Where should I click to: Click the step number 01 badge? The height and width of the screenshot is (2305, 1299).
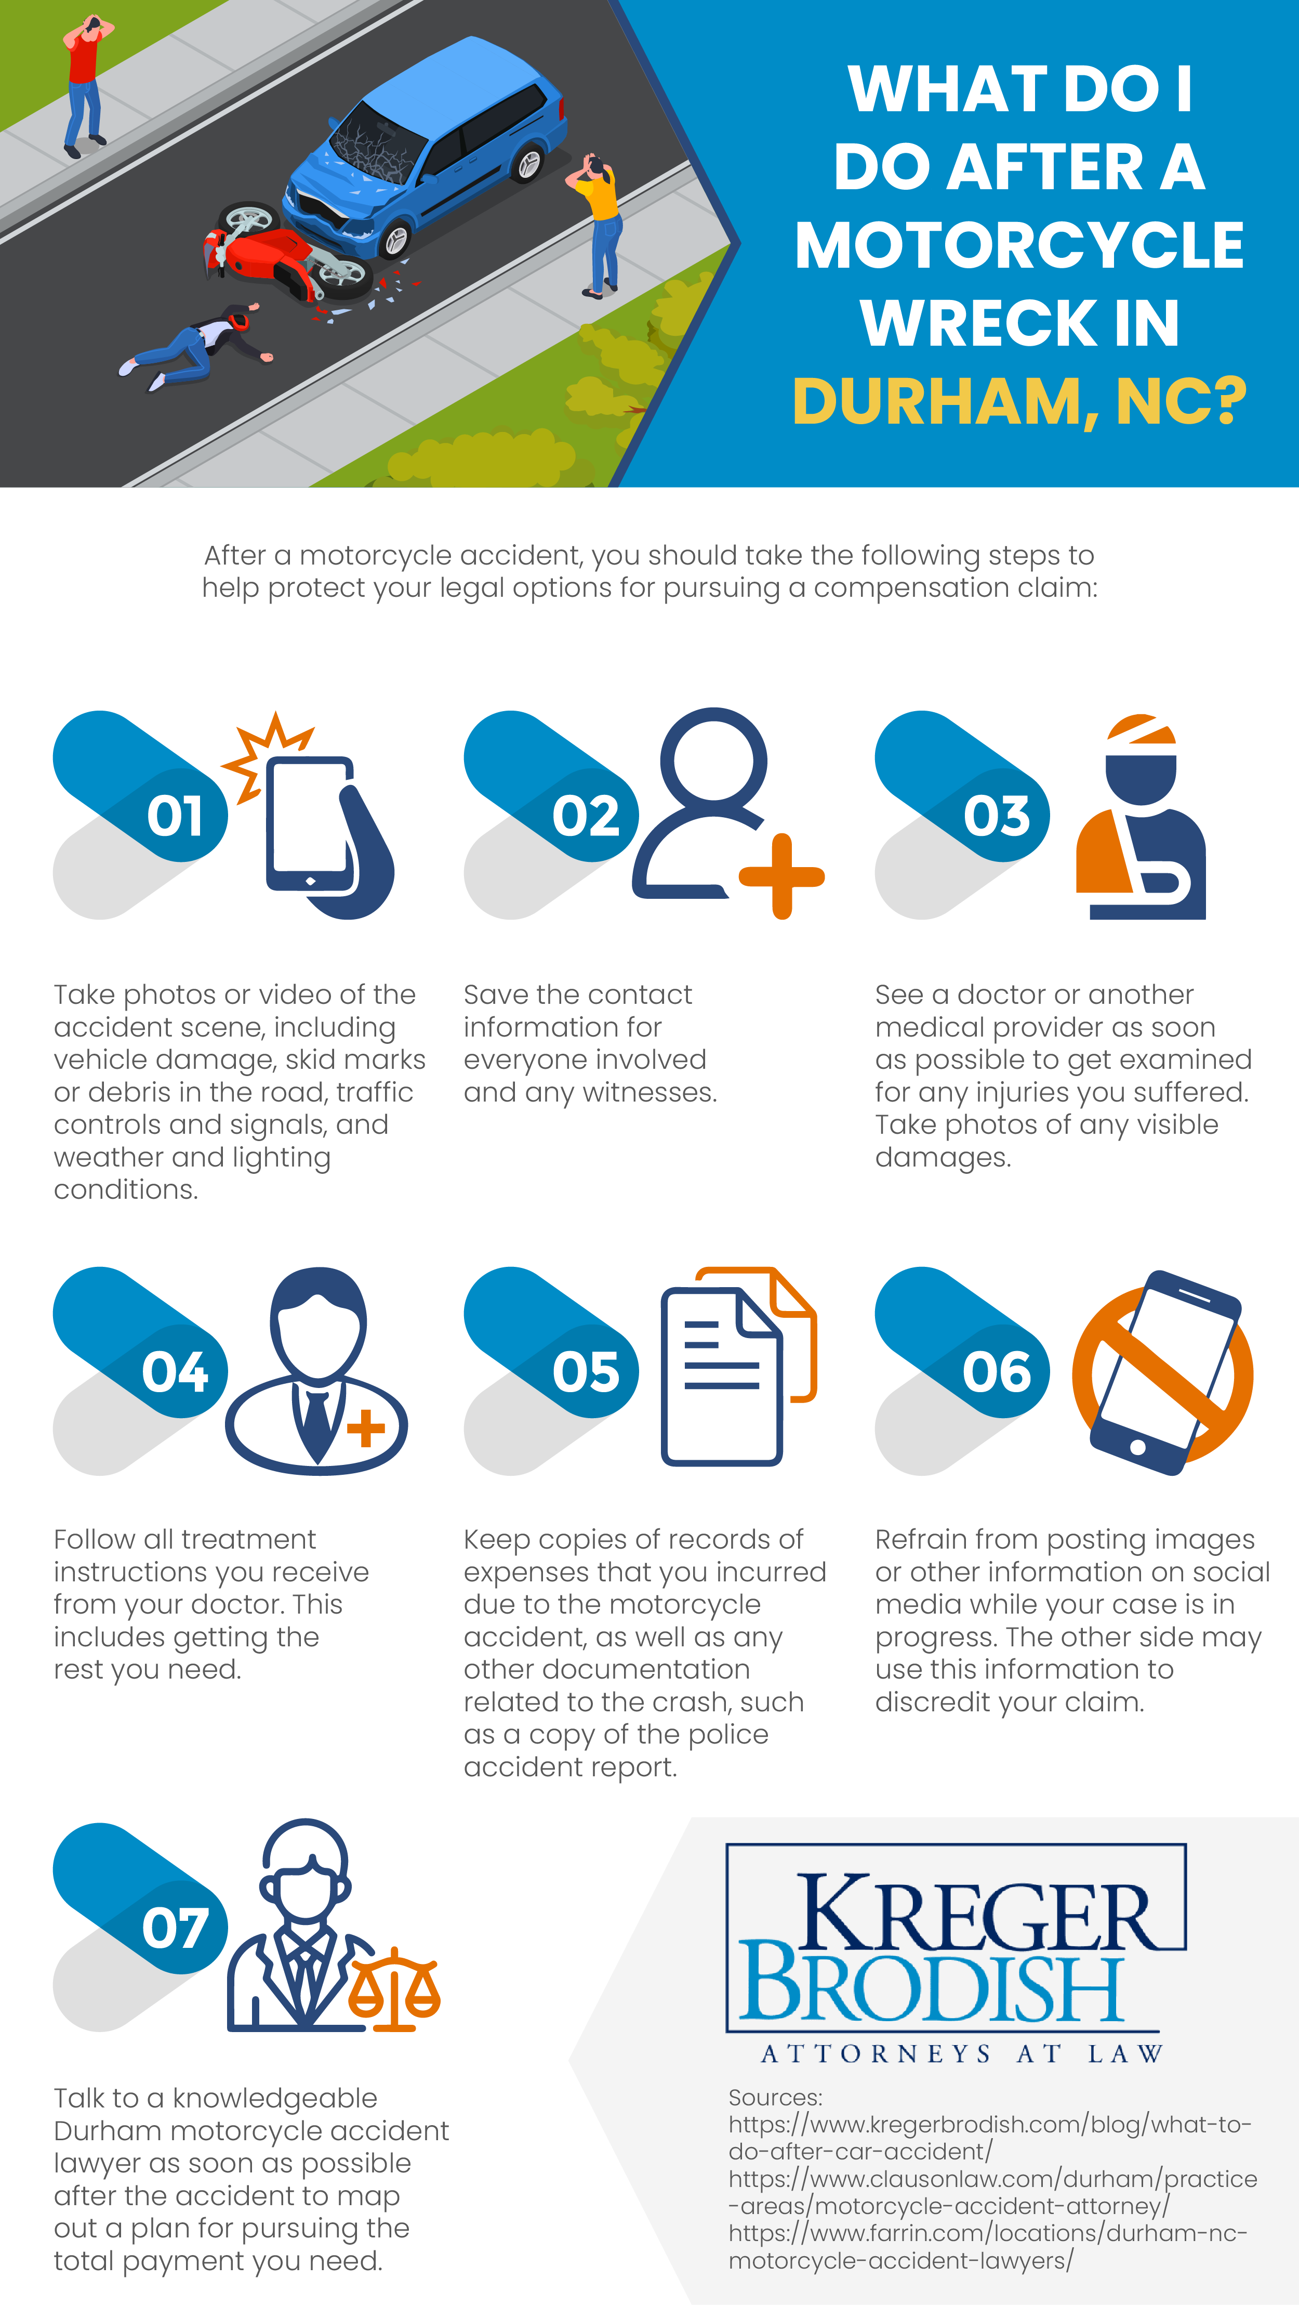tap(175, 816)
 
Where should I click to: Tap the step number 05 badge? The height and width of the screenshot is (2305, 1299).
tap(586, 1372)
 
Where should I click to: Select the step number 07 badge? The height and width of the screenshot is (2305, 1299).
tap(175, 1928)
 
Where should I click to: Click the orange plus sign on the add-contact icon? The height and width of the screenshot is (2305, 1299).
tap(781, 877)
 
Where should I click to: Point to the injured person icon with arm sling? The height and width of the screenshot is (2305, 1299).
tap(1141, 819)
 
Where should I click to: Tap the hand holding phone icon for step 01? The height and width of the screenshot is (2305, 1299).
tap(322, 828)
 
